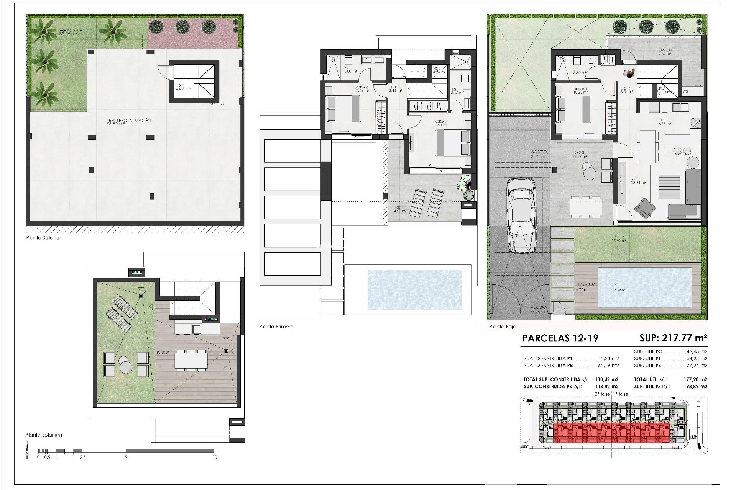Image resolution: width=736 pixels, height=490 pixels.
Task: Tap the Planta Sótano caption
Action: point(43,238)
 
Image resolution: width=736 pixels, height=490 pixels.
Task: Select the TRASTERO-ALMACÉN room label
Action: point(129,121)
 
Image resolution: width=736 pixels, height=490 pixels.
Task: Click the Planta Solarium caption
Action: point(44,435)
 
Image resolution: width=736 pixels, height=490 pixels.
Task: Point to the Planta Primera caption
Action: point(276,327)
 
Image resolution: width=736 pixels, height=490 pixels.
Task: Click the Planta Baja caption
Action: point(503,327)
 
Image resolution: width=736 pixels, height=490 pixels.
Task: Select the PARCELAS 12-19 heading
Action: point(560,338)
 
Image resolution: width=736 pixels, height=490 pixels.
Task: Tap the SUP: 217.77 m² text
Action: point(673,338)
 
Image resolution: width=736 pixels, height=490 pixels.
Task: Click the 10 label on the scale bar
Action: point(215,457)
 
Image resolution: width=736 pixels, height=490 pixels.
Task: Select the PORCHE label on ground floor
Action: point(580,152)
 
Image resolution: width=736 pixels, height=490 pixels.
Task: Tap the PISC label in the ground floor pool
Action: point(615,285)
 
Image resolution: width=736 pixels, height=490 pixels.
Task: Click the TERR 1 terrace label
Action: point(397,208)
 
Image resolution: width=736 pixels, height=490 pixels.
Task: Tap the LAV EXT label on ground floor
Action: point(665,50)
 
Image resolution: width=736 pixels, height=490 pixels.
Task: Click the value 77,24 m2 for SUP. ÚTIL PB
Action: point(698,366)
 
